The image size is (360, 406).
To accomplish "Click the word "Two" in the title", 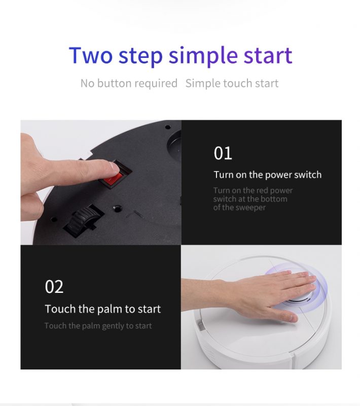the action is pos(91,55).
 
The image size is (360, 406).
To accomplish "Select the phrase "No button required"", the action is pos(129,83).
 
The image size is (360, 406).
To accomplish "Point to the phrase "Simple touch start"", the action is pos(232,83).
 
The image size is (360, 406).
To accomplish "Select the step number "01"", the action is pos(223,153).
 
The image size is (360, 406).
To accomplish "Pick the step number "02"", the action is pos(54,287).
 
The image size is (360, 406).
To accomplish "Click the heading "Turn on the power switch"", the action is pos(267,175).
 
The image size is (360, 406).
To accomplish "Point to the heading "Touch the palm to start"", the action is pos(102,309).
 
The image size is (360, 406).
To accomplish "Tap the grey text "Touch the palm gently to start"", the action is pos(98,326).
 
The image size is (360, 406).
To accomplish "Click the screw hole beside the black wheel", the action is pos(118,209).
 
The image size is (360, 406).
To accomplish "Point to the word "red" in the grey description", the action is pos(262,191).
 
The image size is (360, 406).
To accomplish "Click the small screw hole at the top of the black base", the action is pos(168,127).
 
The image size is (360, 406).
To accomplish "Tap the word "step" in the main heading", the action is pos(140,57).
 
